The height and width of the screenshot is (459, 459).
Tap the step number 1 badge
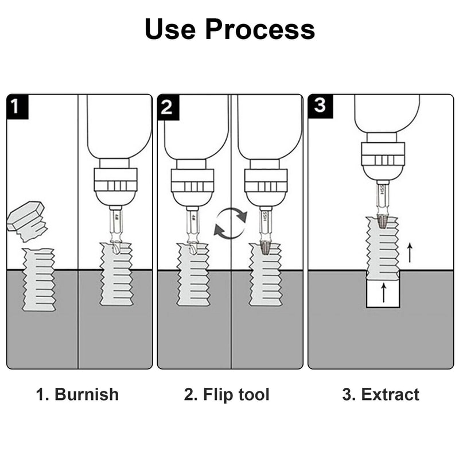pyautogui.click(x=17, y=107)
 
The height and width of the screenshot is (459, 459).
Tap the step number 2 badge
pyautogui.click(x=168, y=107)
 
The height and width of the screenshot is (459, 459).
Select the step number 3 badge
pyautogui.click(x=319, y=107)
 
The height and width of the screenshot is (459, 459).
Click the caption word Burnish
pyautogui.click(x=86, y=395)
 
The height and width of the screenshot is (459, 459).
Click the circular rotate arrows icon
pyautogui.click(x=231, y=223)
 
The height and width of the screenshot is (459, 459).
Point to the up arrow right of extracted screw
pyautogui.click(x=409, y=252)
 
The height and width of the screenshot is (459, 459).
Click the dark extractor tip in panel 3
pyautogui.click(x=383, y=220)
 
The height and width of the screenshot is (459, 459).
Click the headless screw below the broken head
pyautogui.click(x=39, y=279)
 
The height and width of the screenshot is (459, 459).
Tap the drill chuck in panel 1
pyautogui.click(x=115, y=185)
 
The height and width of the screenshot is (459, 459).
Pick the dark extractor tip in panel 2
pyautogui.click(x=265, y=248)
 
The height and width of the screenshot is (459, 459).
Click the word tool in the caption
pyautogui.click(x=252, y=395)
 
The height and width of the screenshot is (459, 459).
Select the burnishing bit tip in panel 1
pyautogui.click(x=115, y=247)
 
